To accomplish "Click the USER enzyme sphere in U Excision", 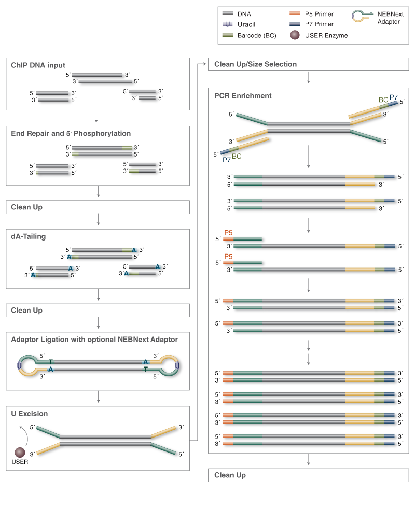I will [20, 453].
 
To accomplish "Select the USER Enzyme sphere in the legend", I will [295, 35].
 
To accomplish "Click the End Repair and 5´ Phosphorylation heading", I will [71, 133].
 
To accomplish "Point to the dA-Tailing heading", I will [29, 236].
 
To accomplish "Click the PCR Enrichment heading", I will [243, 96].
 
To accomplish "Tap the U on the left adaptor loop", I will [19, 365].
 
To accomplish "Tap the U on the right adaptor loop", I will [177, 365].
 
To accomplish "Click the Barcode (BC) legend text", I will [257, 35].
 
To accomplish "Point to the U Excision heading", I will [30, 414].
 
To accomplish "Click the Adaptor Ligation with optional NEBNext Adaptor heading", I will [94, 340].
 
